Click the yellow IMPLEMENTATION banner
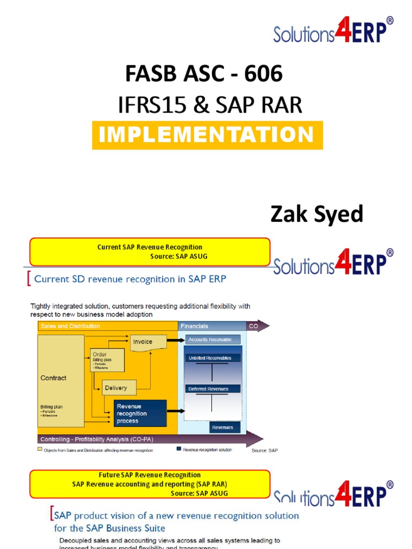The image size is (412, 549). click(207, 135)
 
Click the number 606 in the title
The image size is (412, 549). click(263, 74)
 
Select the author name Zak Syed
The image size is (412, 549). click(317, 214)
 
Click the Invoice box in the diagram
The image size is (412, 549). click(143, 342)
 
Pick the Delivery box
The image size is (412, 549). click(116, 388)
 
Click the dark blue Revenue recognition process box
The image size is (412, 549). click(140, 413)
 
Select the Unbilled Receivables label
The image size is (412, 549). click(210, 358)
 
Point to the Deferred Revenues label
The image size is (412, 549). click(208, 389)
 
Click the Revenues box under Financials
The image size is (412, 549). click(222, 427)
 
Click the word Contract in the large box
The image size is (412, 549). click(54, 378)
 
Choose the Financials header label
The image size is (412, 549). click(194, 326)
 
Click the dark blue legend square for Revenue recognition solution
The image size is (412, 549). click(179, 449)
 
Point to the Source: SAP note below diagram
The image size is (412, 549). click(264, 450)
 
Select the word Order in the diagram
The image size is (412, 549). click(100, 354)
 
